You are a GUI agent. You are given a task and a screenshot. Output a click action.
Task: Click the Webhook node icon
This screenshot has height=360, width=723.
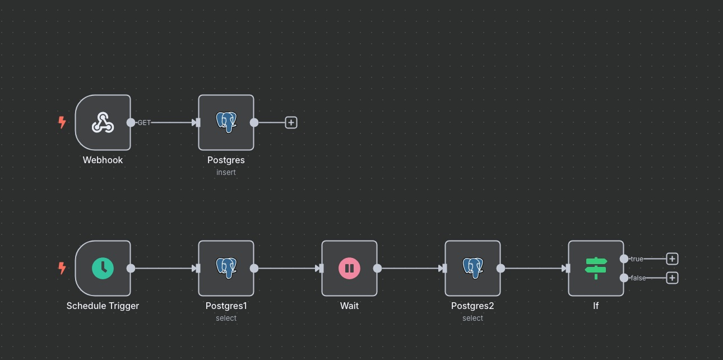(x=103, y=122)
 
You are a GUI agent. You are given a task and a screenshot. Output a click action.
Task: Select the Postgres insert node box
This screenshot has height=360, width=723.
(x=226, y=122)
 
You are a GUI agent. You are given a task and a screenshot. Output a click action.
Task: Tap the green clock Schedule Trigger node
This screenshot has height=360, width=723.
(x=103, y=268)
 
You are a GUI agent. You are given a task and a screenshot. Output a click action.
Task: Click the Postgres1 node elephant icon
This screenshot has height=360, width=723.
(x=226, y=268)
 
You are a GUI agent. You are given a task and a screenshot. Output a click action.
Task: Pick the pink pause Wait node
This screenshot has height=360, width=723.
(x=349, y=268)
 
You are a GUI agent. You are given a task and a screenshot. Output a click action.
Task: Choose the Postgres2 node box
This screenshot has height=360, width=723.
(x=472, y=268)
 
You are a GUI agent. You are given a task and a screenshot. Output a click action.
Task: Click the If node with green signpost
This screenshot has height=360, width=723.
(x=596, y=268)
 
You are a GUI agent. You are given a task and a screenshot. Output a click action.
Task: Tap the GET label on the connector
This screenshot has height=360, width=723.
(x=144, y=122)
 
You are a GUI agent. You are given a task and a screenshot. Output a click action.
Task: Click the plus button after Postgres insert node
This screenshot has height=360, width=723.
(x=291, y=122)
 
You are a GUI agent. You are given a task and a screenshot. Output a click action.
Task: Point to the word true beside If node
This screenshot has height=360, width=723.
(x=637, y=259)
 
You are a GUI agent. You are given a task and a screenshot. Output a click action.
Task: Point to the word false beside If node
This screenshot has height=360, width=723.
(x=638, y=278)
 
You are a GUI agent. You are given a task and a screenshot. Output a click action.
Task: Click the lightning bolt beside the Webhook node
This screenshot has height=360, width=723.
(x=62, y=122)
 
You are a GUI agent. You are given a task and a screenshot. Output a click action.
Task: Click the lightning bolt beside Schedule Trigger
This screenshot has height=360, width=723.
(x=62, y=268)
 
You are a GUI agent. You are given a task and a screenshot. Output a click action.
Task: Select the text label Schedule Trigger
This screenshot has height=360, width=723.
(x=103, y=306)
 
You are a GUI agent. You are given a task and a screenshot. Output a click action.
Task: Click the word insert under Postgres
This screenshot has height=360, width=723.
(x=226, y=172)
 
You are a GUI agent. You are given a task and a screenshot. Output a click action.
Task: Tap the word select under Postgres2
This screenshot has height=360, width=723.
(x=472, y=318)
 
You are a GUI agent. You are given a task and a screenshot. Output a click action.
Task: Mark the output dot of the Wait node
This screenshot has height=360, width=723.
(x=377, y=268)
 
